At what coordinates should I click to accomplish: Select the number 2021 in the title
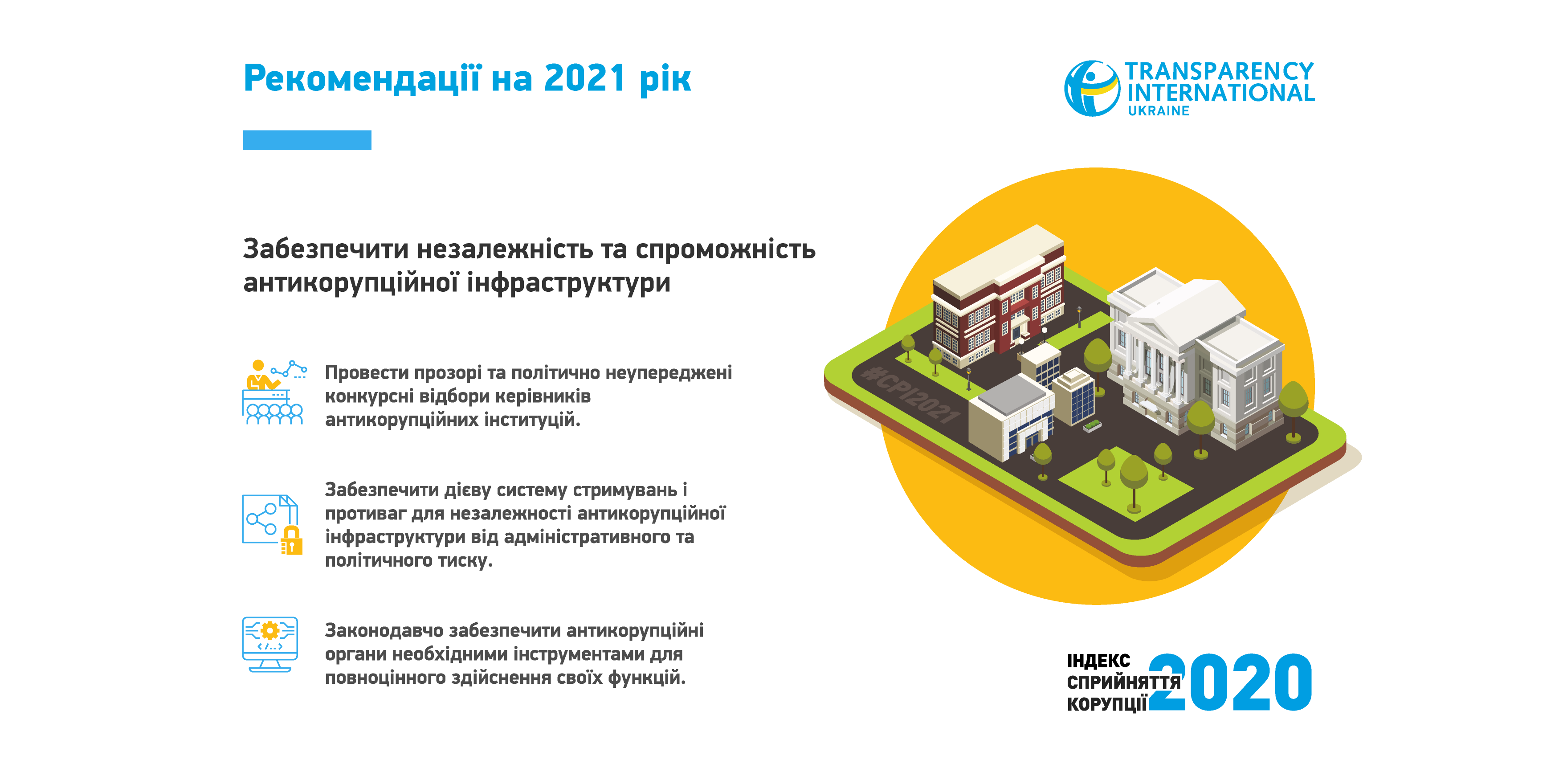tap(584, 79)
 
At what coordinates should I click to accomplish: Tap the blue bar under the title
tap(307, 140)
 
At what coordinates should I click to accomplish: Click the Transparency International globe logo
tap(1092, 88)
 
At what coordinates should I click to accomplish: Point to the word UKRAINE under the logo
tap(1159, 111)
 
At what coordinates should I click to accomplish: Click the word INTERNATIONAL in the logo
tap(1220, 93)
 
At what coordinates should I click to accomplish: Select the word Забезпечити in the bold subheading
tap(327, 249)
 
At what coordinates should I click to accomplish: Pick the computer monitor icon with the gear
tap(270, 644)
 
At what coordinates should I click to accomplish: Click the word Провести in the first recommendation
tap(366, 372)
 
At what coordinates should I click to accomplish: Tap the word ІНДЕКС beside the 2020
tap(1098, 661)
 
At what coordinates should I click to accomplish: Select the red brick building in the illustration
tap(999, 297)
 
